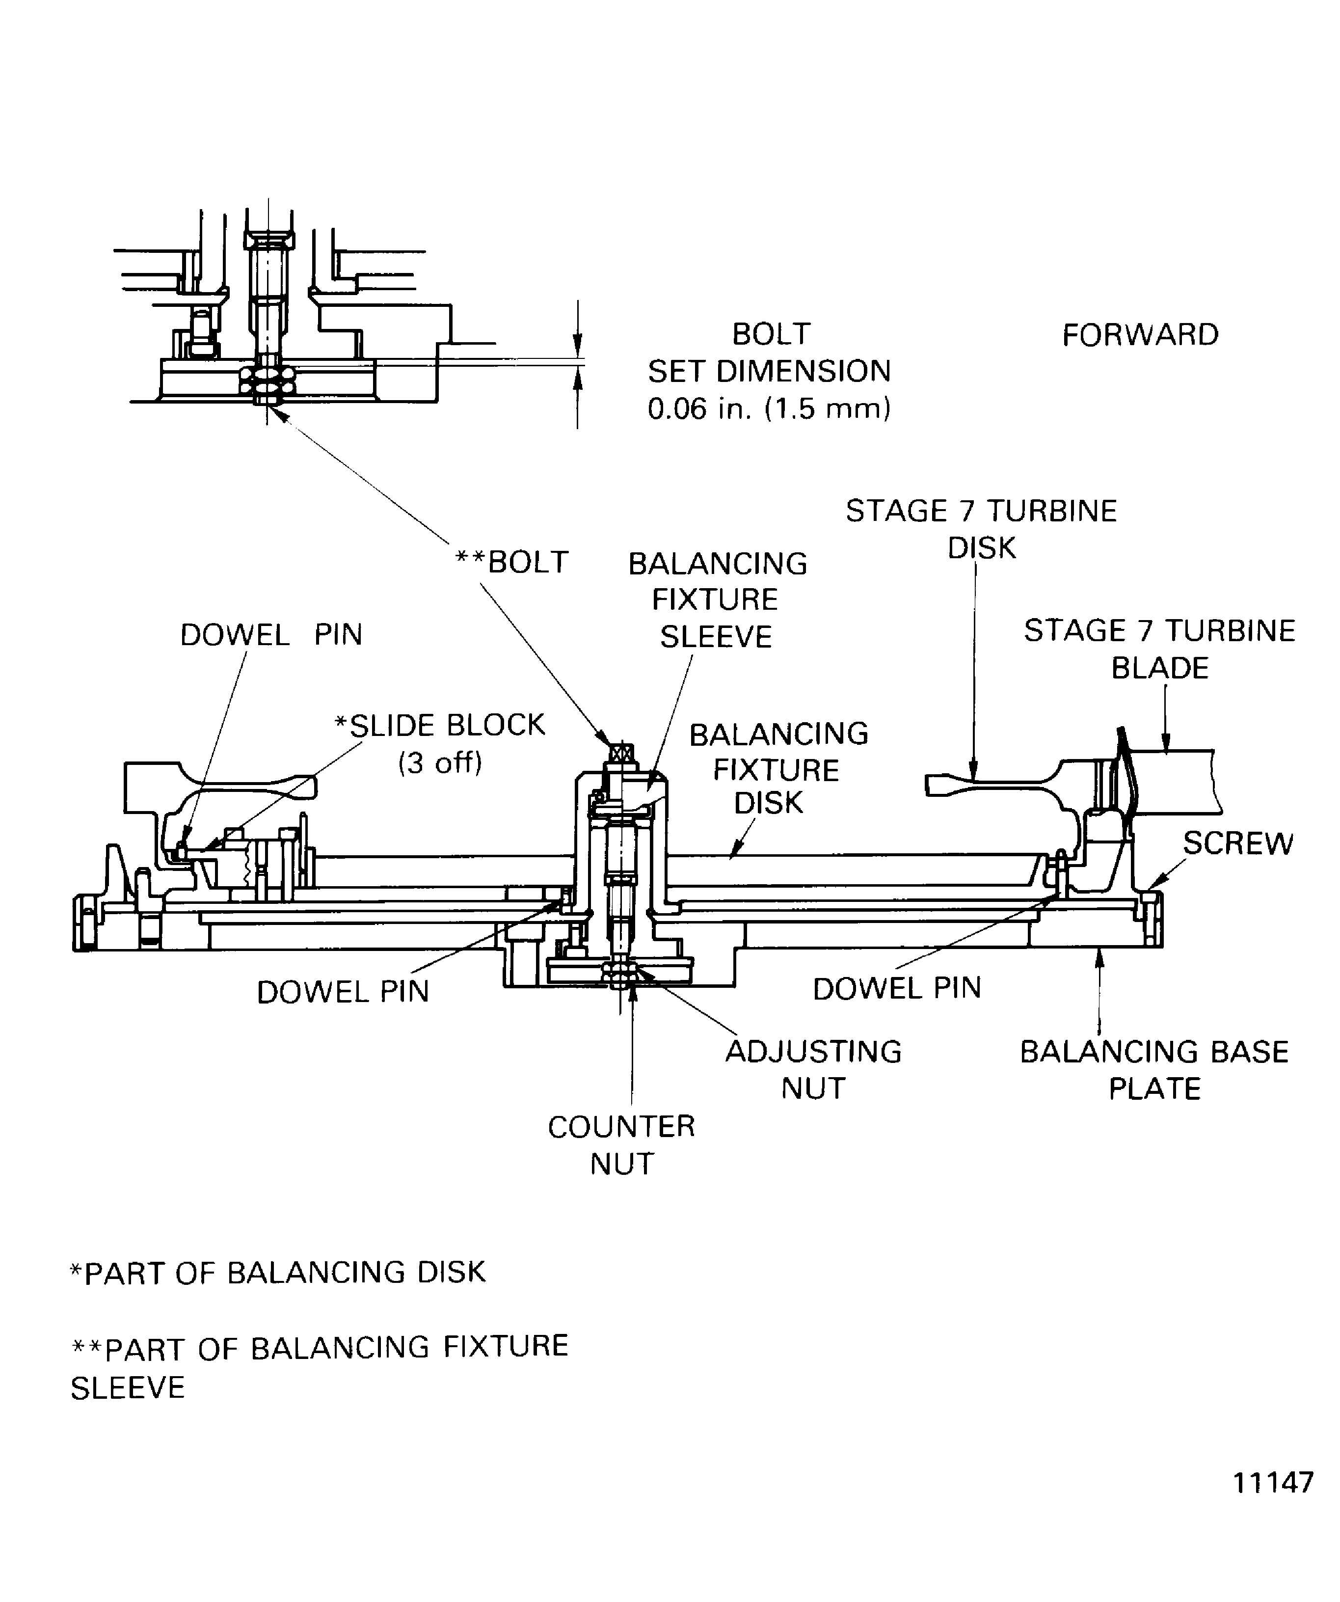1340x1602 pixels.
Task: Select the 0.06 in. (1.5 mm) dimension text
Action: (x=769, y=409)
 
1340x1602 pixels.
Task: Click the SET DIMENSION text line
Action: (x=769, y=372)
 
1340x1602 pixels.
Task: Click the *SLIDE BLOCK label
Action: (x=440, y=725)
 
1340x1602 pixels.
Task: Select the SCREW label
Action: (x=1237, y=843)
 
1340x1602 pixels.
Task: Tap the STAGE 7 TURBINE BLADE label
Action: (x=1159, y=649)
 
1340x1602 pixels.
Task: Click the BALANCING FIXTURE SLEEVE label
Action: (x=717, y=599)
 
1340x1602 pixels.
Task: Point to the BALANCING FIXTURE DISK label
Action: (x=778, y=768)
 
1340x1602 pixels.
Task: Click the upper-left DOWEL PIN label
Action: (x=271, y=635)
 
